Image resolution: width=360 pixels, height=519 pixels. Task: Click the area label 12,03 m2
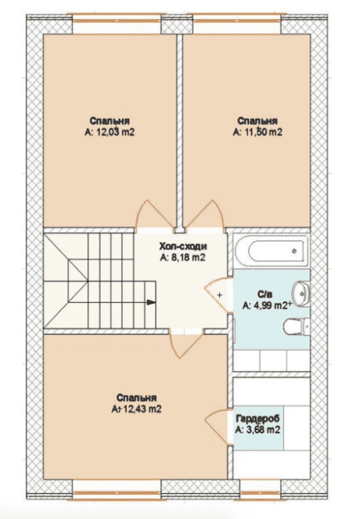tap(109, 132)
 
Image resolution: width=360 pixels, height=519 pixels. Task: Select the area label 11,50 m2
tap(257, 132)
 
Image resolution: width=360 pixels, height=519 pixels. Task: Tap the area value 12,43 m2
tap(136, 409)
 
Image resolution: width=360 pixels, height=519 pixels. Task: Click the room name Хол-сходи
tap(183, 246)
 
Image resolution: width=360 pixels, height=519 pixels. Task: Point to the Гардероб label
tap(258, 418)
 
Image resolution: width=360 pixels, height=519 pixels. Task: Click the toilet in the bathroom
tap(297, 326)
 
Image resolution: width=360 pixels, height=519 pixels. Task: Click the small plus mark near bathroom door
tap(220, 295)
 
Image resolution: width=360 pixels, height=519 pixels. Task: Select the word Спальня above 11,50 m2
tap(257, 121)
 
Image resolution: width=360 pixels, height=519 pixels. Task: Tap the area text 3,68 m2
tap(258, 430)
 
